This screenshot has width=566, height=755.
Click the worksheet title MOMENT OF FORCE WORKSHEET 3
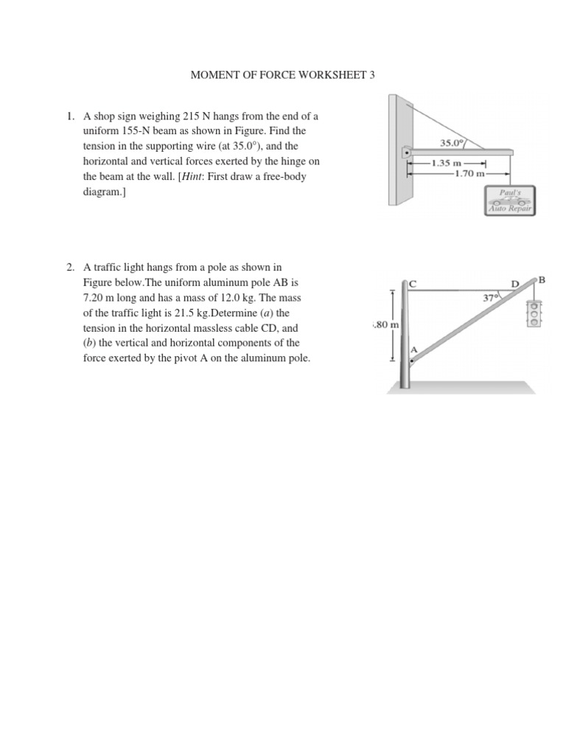(283, 75)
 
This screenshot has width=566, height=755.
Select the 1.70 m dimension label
(470, 174)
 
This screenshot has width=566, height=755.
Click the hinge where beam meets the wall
(405, 153)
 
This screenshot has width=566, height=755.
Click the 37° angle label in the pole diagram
(490, 299)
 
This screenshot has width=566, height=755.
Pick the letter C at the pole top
(413, 284)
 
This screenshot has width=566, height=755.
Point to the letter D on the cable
(515, 283)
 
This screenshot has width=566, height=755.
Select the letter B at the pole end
(542, 279)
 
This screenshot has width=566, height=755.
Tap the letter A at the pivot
(413, 349)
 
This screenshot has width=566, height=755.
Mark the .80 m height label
(386, 324)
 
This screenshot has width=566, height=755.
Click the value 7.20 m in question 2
(102, 298)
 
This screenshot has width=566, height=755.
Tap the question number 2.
(70, 267)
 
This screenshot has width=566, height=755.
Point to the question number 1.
(70, 116)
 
